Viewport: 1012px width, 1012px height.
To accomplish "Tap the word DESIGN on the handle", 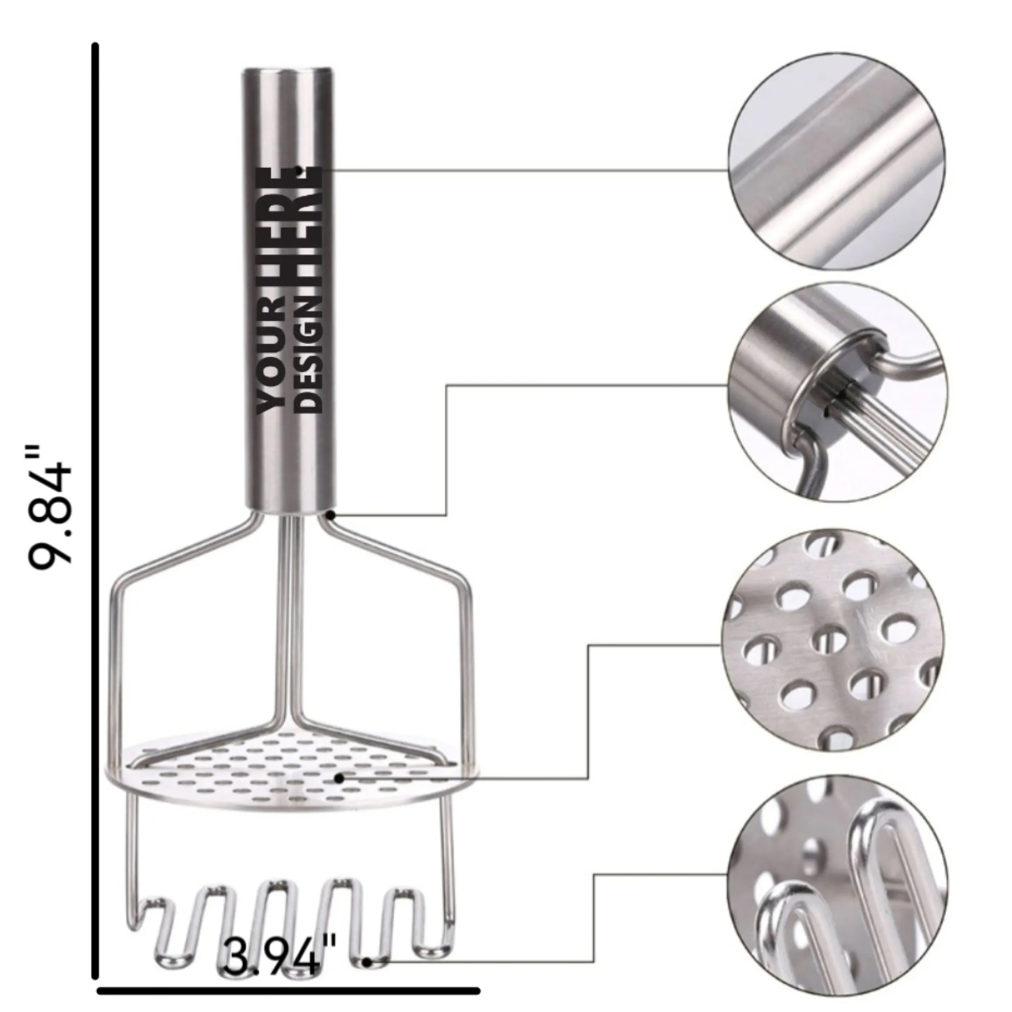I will click(309, 354).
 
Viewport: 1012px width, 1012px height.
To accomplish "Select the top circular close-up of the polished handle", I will click(836, 161).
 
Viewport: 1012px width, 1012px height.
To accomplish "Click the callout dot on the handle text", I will click(299, 170).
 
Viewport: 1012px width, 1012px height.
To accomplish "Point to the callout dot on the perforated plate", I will click(339, 779).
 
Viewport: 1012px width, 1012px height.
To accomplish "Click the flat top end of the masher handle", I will click(287, 72).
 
